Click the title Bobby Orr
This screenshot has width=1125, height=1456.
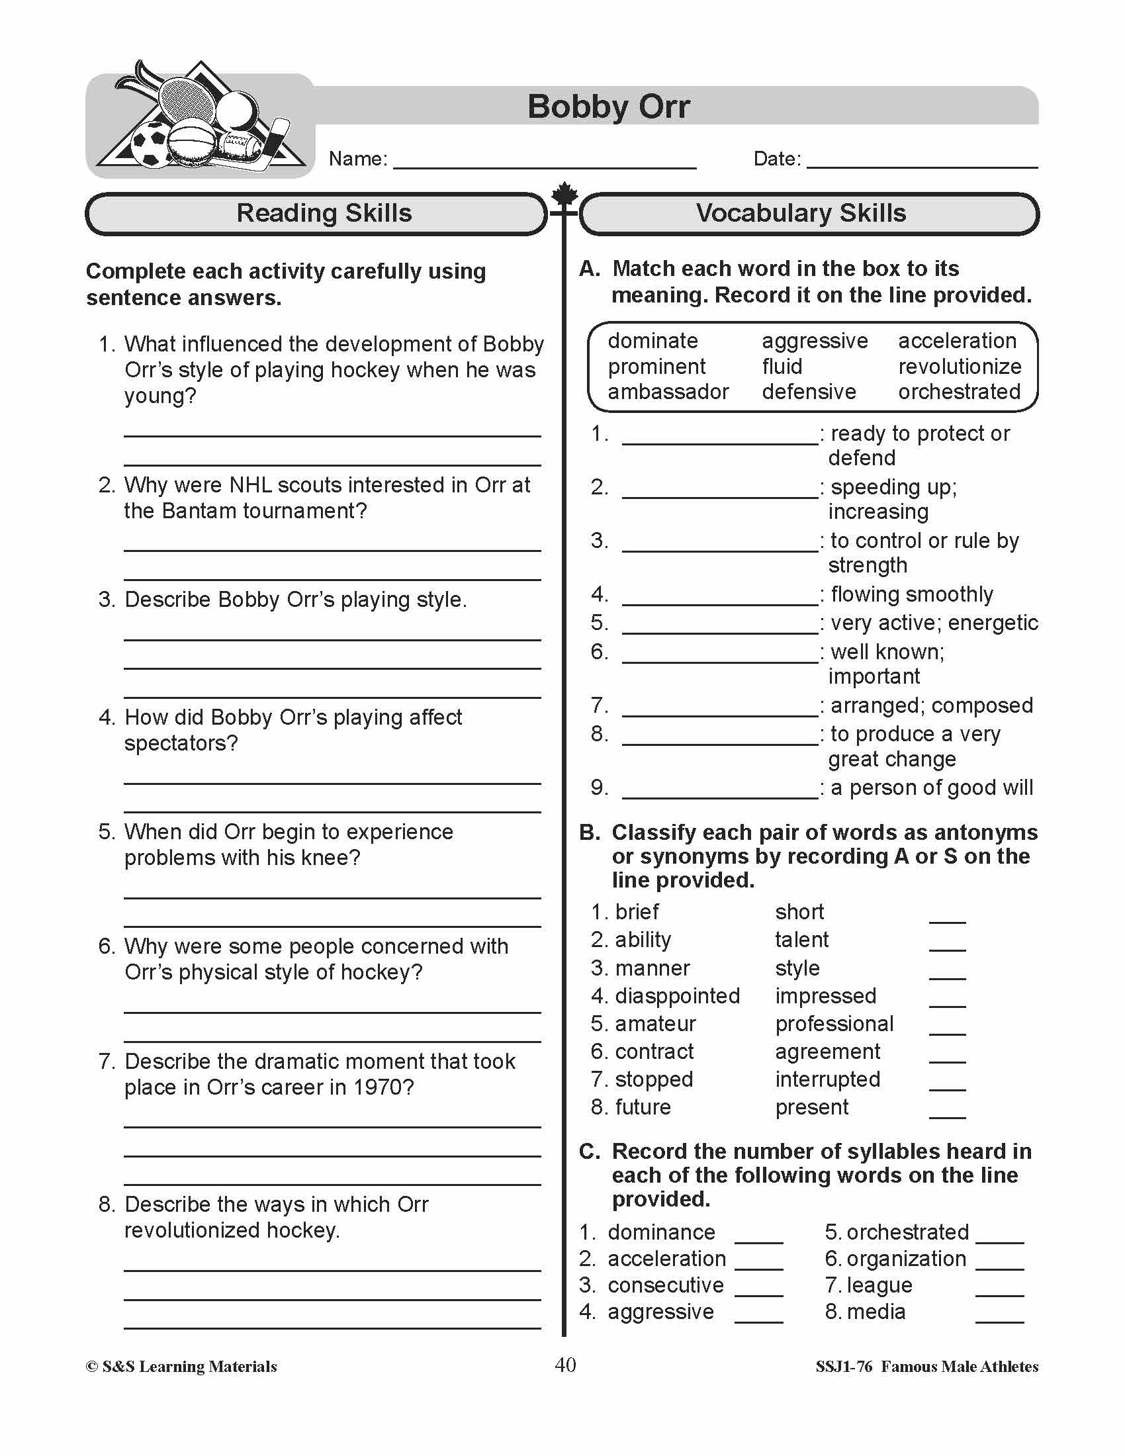pos(607,107)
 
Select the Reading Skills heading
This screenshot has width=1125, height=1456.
pos(324,213)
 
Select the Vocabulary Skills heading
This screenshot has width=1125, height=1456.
pos(801,213)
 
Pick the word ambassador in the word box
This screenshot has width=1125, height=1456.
pos(668,392)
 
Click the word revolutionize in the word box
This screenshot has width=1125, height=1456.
pos(959,367)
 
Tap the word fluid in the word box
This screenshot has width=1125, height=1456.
pos(782,367)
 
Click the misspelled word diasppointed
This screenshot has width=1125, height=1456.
pos(677,996)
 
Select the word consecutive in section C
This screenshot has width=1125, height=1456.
pos(665,1285)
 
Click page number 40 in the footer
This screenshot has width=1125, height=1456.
pos(564,1365)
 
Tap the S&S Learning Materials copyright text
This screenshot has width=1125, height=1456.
pos(181,1367)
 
